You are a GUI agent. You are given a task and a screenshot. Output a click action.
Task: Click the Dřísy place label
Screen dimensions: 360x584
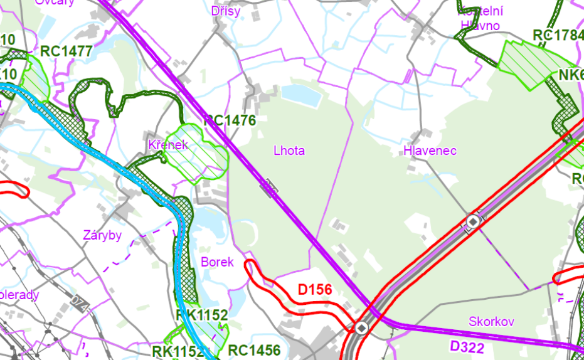226,11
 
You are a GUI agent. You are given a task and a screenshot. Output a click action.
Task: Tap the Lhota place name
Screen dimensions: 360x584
289,151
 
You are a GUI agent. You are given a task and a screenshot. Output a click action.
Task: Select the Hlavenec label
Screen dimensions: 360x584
430,151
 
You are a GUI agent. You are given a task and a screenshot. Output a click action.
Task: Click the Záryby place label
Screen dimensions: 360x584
102,236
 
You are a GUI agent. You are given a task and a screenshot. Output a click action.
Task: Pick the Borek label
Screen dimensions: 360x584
217,262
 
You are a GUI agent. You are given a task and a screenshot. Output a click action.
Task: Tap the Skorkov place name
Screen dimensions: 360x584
491,322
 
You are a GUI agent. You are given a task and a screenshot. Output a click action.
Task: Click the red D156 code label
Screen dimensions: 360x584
314,290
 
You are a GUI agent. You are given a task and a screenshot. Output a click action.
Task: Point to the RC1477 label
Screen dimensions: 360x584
66,51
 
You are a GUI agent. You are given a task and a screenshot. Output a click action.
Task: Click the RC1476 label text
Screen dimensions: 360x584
230,120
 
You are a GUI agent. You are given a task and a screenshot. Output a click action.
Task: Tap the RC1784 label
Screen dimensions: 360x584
558,35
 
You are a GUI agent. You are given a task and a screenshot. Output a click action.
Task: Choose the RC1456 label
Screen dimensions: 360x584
254,350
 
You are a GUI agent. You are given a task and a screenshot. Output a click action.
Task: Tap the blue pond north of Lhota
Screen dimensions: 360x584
301,95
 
